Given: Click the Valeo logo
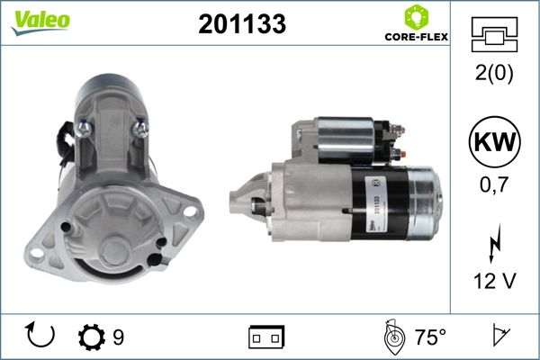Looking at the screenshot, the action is [40, 22].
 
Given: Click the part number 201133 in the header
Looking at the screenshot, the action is [242, 24].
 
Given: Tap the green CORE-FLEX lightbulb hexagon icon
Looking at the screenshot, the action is [416, 17].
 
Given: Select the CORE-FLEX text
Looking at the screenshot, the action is [417, 37].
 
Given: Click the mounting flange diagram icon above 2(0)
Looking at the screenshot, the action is [494, 34].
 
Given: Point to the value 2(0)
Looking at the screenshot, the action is [494, 73].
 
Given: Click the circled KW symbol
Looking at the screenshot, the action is [494, 141].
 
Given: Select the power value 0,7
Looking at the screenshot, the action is [494, 185].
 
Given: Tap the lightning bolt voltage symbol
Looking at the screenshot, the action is [494, 243].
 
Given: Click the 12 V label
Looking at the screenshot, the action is [495, 281].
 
